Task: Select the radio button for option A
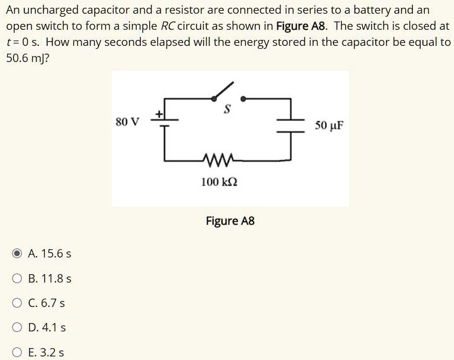point(18,253)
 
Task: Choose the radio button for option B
point(18,278)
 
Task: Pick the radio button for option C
point(18,303)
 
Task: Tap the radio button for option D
point(18,327)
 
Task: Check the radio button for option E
point(18,352)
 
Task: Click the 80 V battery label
point(127,122)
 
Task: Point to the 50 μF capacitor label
point(329,126)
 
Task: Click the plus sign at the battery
point(159,111)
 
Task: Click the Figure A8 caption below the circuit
point(230,221)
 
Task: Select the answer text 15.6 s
point(57,253)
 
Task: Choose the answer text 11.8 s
point(57,278)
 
